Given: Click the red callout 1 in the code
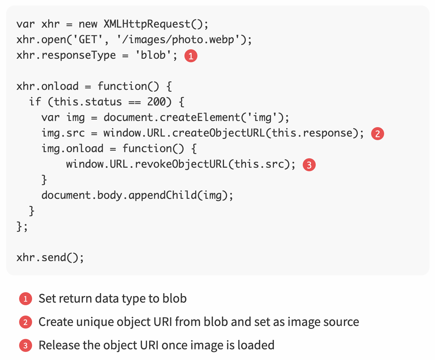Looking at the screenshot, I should [191, 56].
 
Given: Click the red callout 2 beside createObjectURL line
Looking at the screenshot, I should [378, 134].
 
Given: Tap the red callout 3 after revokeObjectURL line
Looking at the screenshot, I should [309, 165].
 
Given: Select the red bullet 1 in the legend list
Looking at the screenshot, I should [26, 299].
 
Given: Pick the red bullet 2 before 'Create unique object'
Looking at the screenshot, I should [26, 322].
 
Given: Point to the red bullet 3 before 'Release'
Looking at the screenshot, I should [26, 345].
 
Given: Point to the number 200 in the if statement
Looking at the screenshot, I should [156, 102].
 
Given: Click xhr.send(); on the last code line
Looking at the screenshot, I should [50, 258].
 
